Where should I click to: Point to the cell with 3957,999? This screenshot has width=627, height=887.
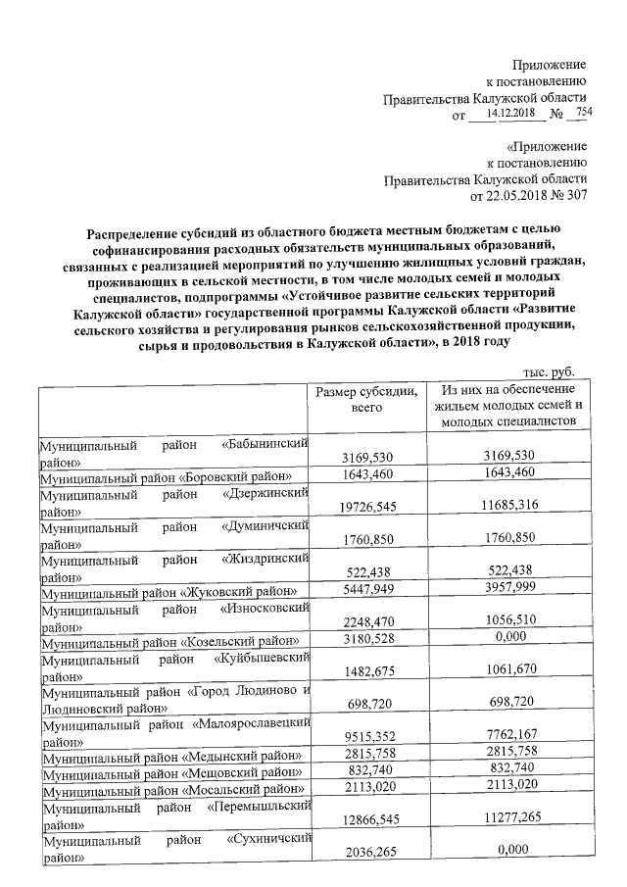(x=508, y=588)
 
